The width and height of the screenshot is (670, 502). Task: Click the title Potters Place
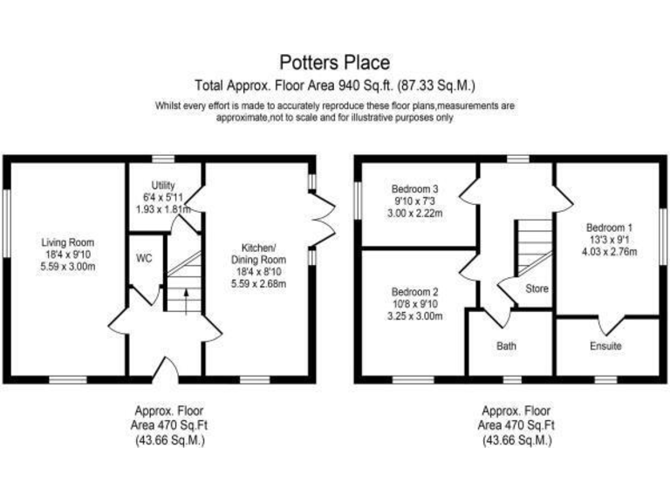[334, 63]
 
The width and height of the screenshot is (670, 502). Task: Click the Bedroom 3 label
[414, 189]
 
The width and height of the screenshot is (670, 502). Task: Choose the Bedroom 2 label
[414, 292]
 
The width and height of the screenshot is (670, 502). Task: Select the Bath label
[507, 346]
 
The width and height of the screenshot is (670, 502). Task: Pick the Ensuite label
[606, 346]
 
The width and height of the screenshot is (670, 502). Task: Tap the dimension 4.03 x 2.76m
[610, 253]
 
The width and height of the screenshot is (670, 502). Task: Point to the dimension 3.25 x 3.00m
[414, 315]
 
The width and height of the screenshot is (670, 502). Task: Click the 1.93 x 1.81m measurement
[163, 210]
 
